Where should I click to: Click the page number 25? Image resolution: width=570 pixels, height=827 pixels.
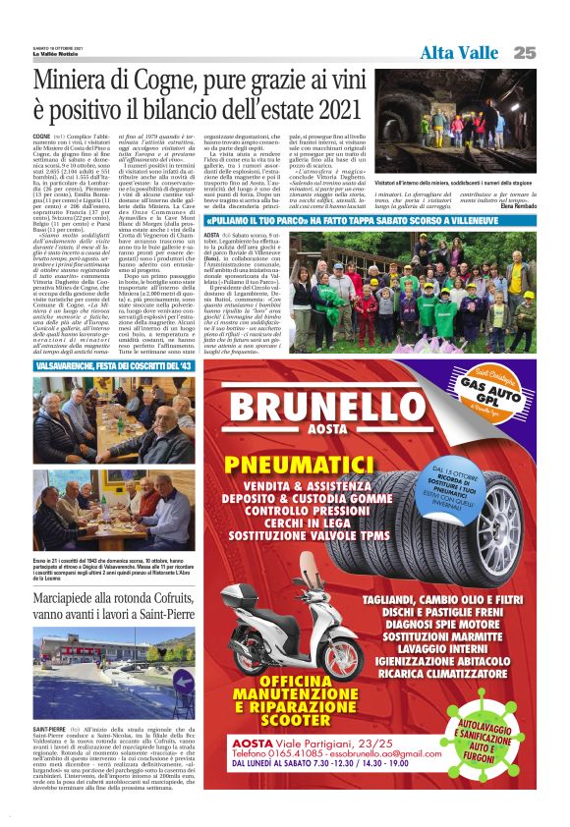(x=523, y=52)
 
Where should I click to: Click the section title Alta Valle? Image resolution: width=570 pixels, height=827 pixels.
(x=459, y=52)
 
